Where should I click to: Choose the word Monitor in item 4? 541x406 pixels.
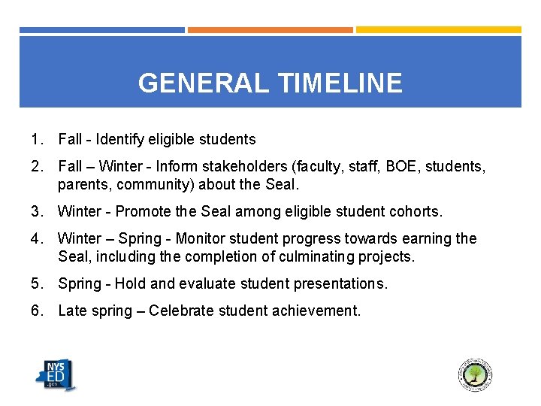[200, 238]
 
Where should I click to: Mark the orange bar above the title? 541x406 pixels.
[270, 30]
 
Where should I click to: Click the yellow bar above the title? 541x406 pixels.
[438, 30]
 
